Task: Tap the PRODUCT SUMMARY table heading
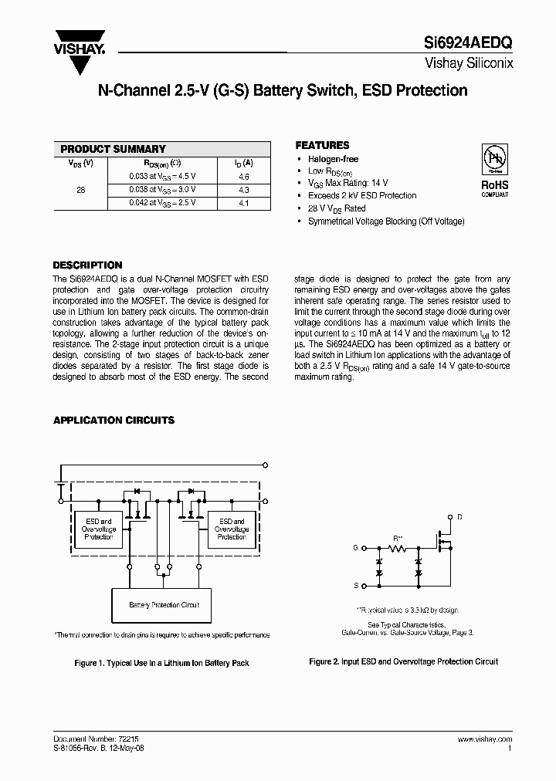[114, 149]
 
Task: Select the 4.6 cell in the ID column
[243, 176]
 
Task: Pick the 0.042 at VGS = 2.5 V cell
[162, 202]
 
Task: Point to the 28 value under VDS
[81, 189]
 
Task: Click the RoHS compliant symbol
[494, 171]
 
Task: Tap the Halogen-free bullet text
[334, 159]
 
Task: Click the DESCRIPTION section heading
[87, 265]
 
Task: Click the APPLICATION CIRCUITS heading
[114, 421]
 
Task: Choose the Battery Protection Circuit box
[164, 605]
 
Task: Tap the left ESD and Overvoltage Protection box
[100, 529]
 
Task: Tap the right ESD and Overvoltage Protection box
[232, 529]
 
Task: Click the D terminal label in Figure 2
[460, 516]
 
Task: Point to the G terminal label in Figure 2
[356, 547]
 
